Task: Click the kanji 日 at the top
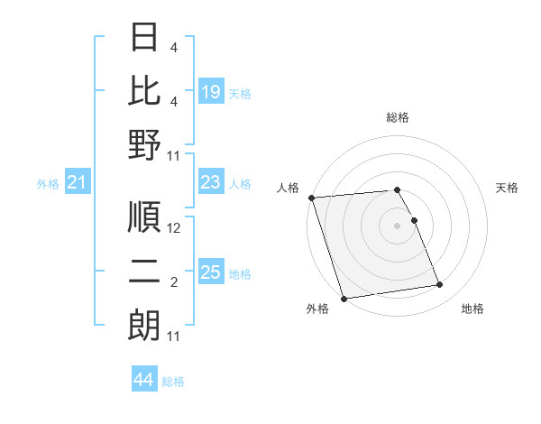[x=144, y=38]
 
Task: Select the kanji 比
[x=144, y=90]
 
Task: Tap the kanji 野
[x=144, y=144]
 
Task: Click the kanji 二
[x=144, y=273]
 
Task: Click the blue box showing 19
[x=211, y=91]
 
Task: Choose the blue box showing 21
[x=78, y=183]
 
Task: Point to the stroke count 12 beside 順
[x=175, y=228]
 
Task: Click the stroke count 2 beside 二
[x=175, y=283]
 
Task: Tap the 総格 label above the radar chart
[x=397, y=117]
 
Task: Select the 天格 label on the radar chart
[x=508, y=188]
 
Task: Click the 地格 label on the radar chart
[x=472, y=309]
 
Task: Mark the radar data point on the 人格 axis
[x=311, y=198]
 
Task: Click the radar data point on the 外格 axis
[x=344, y=299]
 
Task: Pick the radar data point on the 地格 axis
[x=439, y=285]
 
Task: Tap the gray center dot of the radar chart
[x=397, y=226]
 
